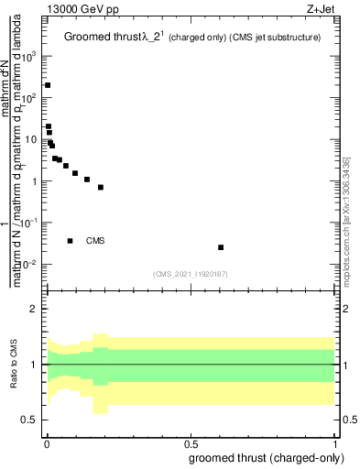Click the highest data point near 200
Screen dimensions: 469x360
(48, 85)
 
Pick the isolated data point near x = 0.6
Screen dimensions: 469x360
(220, 247)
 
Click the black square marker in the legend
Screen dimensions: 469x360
(71, 241)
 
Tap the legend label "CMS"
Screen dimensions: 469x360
(96, 241)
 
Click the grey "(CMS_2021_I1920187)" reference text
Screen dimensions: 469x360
(190, 273)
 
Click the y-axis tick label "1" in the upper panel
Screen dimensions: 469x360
(35, 181)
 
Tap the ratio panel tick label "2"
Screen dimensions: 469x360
(35, 310)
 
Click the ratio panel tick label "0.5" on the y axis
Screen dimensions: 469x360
(30, 420)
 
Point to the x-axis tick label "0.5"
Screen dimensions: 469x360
(191, 444)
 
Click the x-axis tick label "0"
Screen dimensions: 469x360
(47, 444)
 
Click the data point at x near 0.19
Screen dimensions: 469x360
(101, 187)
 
